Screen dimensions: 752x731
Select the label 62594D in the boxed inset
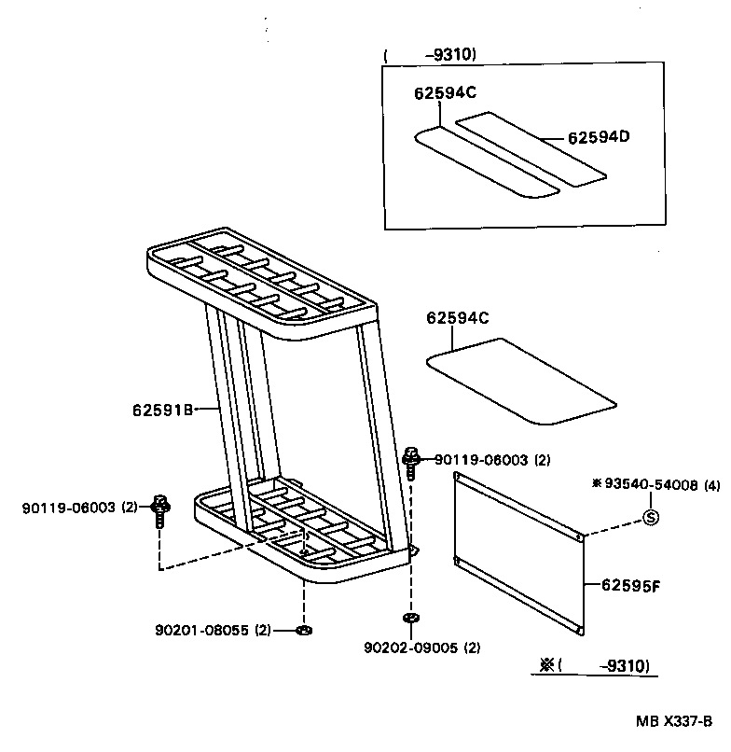599,137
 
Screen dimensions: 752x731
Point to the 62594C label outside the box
458,318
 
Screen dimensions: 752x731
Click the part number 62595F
629,585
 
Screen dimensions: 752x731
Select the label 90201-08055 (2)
213,630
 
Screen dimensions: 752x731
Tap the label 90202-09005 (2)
423,648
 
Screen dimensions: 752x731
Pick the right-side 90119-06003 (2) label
493,459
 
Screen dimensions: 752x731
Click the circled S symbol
652,517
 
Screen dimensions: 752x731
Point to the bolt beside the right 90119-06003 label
410,463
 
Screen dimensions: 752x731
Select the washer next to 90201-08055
303,631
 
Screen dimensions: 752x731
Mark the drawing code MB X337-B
675,721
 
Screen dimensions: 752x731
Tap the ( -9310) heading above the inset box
431,55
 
